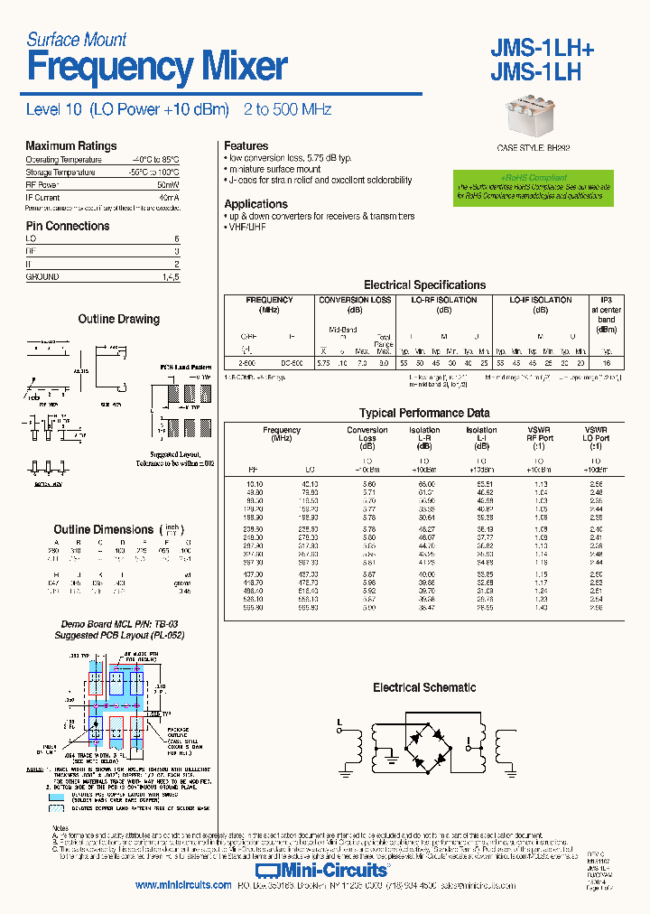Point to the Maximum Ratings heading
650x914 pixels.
[70, 146]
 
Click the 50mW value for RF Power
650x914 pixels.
[169, 184]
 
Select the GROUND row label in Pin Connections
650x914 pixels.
[42, 277]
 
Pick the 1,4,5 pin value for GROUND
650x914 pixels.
[170, 277]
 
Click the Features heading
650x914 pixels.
[246, 146]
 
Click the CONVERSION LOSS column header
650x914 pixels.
[355, 300]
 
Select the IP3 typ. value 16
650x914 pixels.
[607, 362]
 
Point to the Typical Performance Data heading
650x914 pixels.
[424, 413]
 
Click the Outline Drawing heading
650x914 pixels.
[118, 320]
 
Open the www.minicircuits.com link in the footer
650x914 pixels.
[183, 885]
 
